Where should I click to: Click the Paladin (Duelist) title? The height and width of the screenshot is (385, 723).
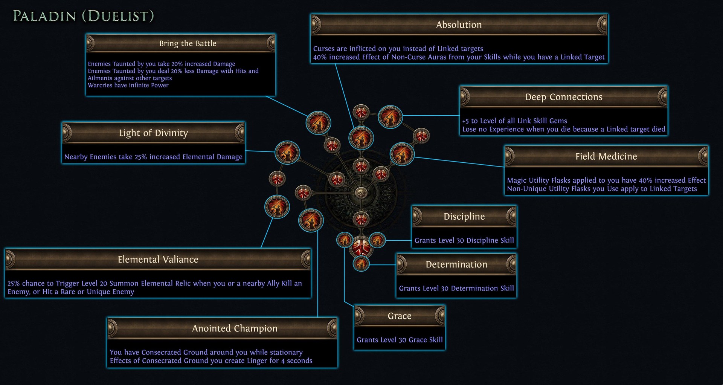tap(83, 16)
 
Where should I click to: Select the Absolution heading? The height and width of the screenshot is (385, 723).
tap(459, 25)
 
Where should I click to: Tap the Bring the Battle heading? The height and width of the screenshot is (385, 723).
tap(188, 43)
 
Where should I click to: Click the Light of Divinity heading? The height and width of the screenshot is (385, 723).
tap(153, 133)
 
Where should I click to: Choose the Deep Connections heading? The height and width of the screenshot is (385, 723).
tap(564, 97)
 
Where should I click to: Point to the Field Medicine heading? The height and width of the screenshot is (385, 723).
tap(606, 156)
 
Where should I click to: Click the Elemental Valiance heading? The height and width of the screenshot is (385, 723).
tap(158, 260)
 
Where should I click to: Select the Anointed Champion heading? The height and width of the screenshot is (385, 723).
tap(235, 328)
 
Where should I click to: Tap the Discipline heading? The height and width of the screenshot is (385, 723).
tap(464, 217)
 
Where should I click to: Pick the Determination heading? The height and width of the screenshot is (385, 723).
tap(456, 264)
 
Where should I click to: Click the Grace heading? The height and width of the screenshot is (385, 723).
tap(400, 316)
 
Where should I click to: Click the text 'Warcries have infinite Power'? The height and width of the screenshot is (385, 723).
tap(128, 85)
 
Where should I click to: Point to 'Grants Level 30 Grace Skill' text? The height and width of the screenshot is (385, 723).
tap(400, 340)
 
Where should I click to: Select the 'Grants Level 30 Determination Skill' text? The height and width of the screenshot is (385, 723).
tap(456, 288)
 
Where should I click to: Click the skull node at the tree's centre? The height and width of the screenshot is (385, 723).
tap(361, 193)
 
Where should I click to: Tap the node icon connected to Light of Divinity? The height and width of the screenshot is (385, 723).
tap(287, 153)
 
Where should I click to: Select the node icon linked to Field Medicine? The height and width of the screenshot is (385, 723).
tap(402, 154)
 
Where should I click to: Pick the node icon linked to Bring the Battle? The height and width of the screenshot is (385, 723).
tap(318, 123)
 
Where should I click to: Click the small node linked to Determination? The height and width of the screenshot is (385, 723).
tap(361, 263)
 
